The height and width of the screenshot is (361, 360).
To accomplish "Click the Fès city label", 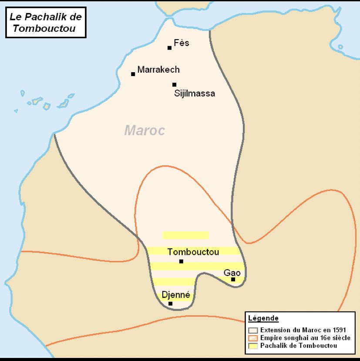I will coord(182,43).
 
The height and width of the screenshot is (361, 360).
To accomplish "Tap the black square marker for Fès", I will coord(170,48).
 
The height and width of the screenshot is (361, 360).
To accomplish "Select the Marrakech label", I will coord(158,70).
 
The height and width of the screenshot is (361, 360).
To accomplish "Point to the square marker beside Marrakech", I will coord(133,74).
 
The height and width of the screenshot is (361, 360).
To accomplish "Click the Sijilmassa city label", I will coord(195,93).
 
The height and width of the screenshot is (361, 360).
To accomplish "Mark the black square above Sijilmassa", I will coord(174,85).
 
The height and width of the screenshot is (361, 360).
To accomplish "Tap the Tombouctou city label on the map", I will coord(193,252).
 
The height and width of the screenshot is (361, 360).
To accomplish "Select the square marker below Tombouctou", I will coord(181,261).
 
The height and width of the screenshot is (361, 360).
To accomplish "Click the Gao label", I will coord(232,273).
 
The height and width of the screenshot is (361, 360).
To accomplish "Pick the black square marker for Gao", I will coord(233,279).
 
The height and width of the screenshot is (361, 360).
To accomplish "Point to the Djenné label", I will coord(176,294).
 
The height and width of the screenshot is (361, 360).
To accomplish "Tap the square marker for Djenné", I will coord(171,304).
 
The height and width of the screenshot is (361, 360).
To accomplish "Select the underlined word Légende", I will coord(263,318).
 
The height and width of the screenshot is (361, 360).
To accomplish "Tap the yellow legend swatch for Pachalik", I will coord(252,346).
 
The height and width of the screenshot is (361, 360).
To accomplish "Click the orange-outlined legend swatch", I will coord(252,338).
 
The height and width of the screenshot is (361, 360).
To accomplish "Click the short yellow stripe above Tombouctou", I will coord(185,235).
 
